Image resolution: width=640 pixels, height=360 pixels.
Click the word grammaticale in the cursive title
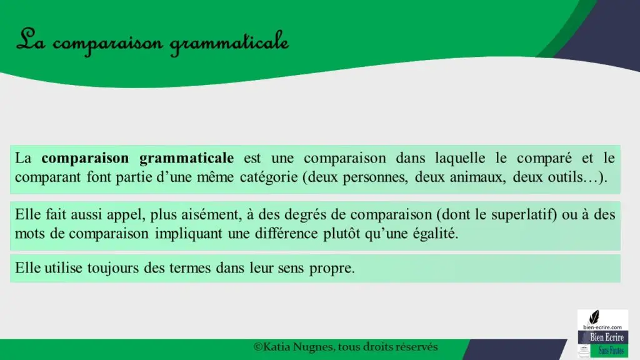[x=229, y=43]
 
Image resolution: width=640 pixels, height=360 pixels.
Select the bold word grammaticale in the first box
[x=186, y=159]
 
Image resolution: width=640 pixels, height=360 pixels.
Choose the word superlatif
[x=524, y=215]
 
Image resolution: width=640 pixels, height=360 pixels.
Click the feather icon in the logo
[x=594, y=317]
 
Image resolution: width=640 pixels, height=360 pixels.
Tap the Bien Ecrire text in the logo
[x=606, y=337]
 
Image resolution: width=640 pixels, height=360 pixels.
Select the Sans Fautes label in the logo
[x=611, y=351]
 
